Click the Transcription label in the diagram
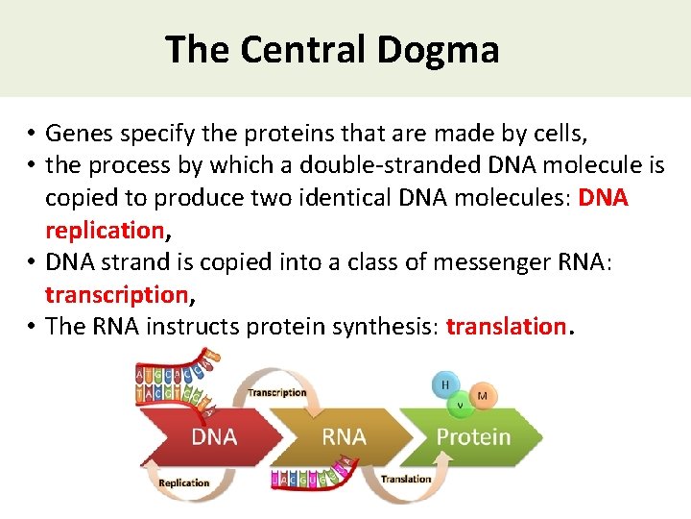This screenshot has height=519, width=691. pyautogui.click(x=277, y=392)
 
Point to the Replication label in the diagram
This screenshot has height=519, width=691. pyautogui.click(x=184, y=483)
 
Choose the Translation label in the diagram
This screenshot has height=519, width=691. pyautogui.click(x=405, y=479)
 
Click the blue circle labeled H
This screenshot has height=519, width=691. pyautogui.click(x=445, y=384)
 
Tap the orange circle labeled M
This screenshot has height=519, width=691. pyautogui.click(x=482, y=395)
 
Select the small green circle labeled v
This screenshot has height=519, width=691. pyautogui.click(x=460, y=404)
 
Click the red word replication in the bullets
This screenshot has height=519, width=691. pyautogui.click(x=105, y=230)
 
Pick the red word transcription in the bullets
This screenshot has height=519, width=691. pyautogui.click(x=114, y=294)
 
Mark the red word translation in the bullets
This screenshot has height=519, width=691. pyautogui.click(x=506, y=326)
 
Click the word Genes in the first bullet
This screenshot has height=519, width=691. pyautogui.click(x=79, y=133)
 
